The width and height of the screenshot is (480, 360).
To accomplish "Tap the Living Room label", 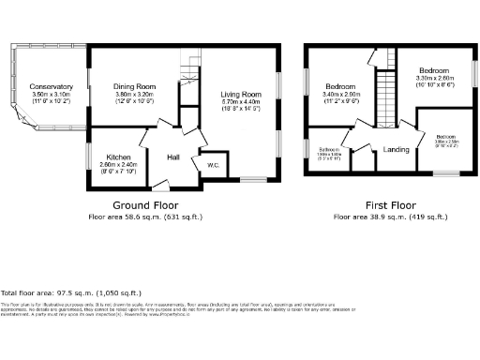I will [x=240, y=94].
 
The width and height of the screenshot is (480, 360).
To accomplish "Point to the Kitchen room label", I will [x=118, y=157].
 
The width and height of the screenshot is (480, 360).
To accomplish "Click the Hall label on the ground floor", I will [x=173, y=157].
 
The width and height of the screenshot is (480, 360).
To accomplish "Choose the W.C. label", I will [x=213, y=166].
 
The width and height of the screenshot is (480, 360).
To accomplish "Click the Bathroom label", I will [x=328, y=149].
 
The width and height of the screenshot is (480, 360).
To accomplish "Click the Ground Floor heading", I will [x=145, y=204].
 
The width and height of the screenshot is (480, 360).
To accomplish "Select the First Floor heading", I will [x=390, y=204].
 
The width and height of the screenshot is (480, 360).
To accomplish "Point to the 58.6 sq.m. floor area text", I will [x=145, y=217].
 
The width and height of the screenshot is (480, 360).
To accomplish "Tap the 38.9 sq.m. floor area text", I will [x=390, y=217].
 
